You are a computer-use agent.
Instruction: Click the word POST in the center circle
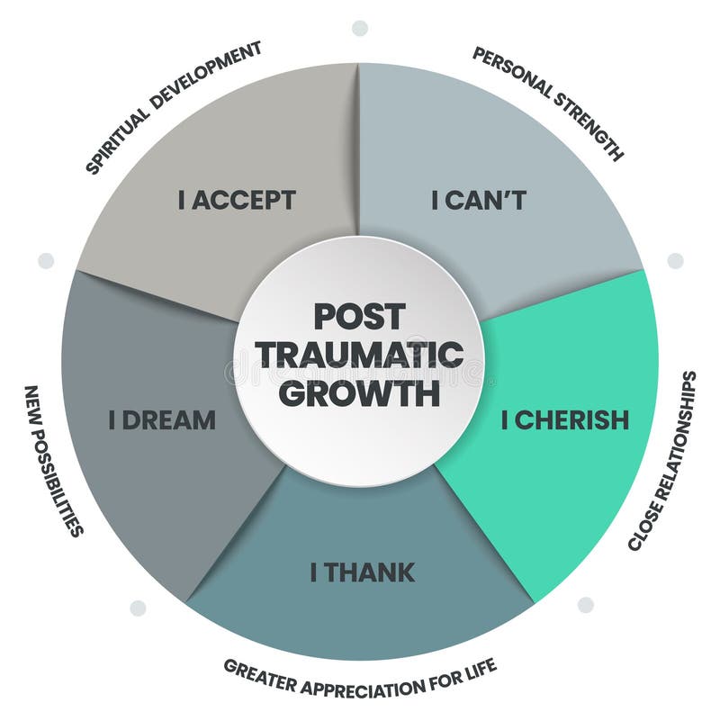point(359,317)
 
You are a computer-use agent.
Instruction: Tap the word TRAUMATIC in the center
point(359,355)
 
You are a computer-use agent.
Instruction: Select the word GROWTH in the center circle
point(359,393)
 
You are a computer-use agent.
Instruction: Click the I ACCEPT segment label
point(237,200)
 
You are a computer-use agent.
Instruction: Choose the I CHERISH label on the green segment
point(564,420)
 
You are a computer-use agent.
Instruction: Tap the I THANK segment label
point(363,572)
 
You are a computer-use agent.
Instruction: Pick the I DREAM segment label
point(162,419)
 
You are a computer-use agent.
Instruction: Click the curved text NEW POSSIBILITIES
point(53,460)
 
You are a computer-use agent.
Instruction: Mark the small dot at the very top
point(360,28)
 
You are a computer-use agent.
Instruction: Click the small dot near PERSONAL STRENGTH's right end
point(675,261)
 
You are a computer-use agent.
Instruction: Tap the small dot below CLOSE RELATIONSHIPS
point(586,604)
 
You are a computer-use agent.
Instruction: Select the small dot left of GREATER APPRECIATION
point(138,608)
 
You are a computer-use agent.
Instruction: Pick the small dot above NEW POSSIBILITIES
point(46,261)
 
